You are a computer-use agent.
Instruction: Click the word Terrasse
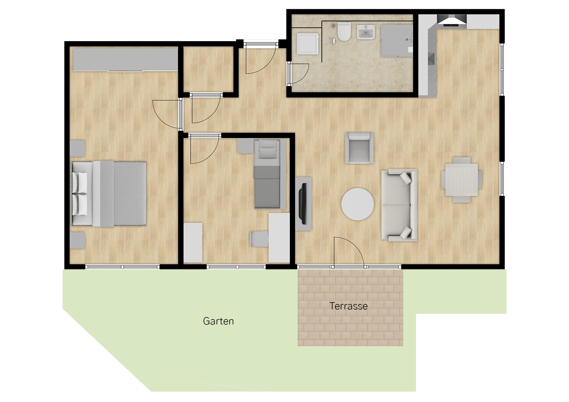(x=349, y=306)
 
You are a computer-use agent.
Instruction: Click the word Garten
(x=218, y=321)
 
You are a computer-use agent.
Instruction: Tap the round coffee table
(x=358, y=204)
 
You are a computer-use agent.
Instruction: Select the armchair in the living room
(x=359, y=148)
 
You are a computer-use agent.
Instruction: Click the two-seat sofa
(x=399, y=205)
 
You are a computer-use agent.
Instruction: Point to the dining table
(x=461, y=180)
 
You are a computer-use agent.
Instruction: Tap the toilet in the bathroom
(x=344, y=31)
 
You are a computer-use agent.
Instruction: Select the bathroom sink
(x=366, y=32)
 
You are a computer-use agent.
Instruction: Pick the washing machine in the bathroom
(x=308, y=44)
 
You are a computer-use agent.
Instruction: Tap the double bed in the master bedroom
(x=109, y=194)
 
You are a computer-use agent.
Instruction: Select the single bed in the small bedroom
(x=267, y=174)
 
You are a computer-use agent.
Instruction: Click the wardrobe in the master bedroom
(x=125, y=60)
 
